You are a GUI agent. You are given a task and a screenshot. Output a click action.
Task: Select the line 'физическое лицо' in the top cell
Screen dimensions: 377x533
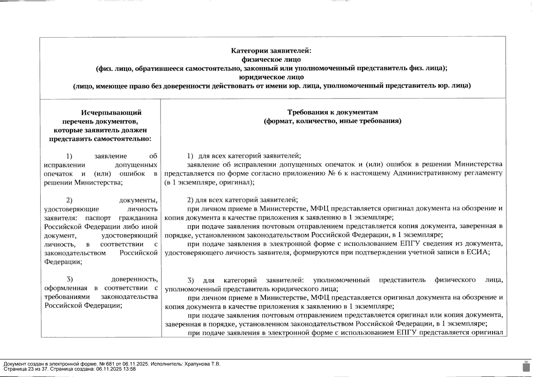[x=271, y=59]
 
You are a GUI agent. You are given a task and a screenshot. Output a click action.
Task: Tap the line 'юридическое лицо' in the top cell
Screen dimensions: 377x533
[x=271, y=77]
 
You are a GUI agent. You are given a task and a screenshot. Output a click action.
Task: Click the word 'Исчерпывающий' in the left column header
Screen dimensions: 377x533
[x=111, y=112]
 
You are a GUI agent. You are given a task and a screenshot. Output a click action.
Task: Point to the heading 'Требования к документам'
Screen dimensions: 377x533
[x=333, y=112]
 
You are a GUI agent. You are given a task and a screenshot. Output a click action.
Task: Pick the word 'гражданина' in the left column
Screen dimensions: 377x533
[x=138, y=218]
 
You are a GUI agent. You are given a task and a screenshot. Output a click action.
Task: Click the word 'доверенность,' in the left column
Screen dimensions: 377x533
[x=135, y=279]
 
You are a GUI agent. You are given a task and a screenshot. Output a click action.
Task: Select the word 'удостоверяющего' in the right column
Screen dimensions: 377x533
[x=191, y=252]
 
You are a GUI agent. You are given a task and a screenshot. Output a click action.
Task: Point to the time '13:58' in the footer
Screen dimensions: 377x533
[x=130, y=369]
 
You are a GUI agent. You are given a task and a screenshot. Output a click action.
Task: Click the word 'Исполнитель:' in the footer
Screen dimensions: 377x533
[x=165, y=364]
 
